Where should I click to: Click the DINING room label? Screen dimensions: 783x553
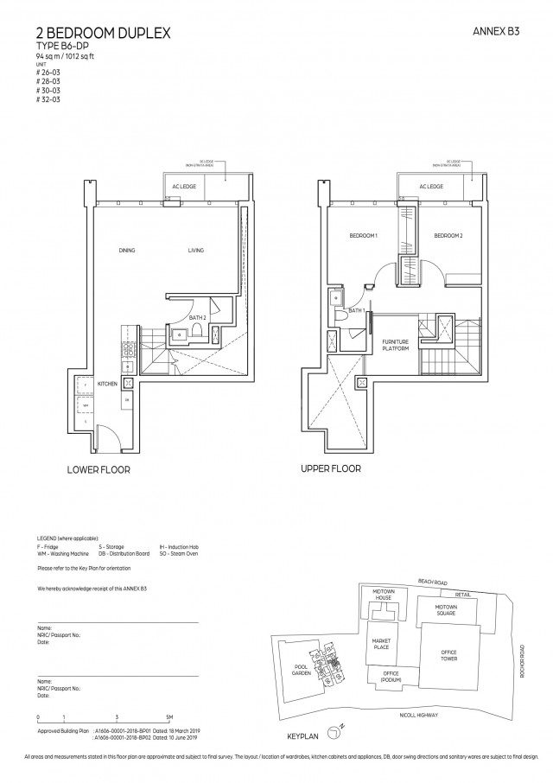tap(128, 251)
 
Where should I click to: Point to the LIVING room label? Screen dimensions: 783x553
tap(196, 251)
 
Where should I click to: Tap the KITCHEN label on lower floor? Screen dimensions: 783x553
tap(107, 382)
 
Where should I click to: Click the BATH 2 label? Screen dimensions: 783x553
tap(197, 318)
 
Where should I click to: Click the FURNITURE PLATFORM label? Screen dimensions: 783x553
tap(395, 346)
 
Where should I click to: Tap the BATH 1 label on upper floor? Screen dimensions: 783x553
tap(355, 310)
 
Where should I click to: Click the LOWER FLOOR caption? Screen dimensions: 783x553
tap(99, 471)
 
